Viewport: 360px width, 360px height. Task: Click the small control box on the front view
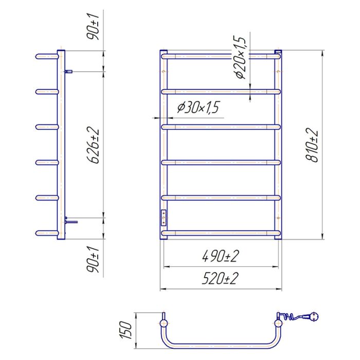[164, 218]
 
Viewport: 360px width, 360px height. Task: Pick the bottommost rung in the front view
[222, 234]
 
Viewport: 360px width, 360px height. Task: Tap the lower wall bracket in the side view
[70, 221]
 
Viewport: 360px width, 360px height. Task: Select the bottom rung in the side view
[47, 234]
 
